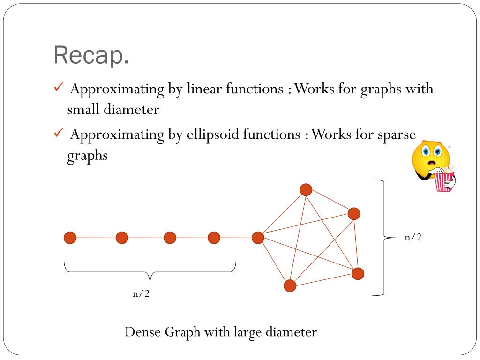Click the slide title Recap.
pos(91,56)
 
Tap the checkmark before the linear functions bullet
pos(59,88)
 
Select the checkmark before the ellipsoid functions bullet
pos(59,134)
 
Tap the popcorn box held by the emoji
pos(443,181)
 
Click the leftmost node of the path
pos(70,238)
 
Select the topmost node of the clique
pos(306,189)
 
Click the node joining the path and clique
pos(258,238)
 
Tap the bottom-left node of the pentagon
pos(290,285)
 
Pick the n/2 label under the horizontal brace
pos(141,294)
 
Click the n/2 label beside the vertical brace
pos(413,238)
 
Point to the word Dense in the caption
pos(143,332)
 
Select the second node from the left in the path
pos(122,238)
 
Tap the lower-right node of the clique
pos(358,273)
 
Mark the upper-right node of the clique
pos(354,214)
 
